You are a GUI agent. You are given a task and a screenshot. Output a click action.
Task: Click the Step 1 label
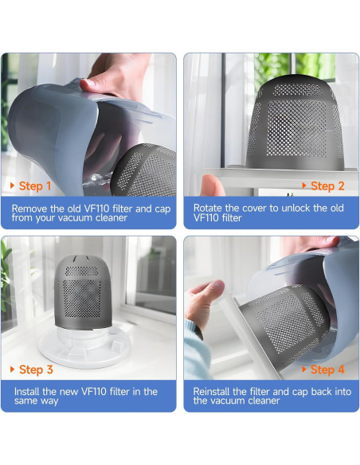35,186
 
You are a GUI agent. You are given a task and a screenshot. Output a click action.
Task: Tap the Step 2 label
327,186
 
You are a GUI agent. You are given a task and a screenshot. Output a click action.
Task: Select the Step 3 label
36,369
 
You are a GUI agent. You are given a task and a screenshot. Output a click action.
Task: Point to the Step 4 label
327,369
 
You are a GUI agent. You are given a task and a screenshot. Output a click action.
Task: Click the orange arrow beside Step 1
12,186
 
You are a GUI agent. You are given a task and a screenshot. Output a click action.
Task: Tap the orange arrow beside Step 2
304,186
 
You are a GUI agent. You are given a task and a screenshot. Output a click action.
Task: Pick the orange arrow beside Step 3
12,369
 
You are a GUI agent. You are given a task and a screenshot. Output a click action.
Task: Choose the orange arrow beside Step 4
304,369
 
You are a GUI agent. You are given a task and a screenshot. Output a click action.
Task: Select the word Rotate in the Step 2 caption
209,208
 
